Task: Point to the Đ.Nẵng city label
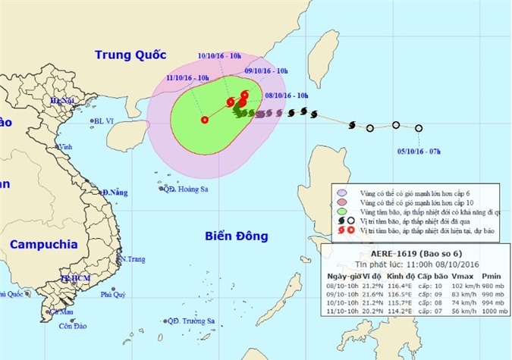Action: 115,193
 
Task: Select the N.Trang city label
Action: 132,258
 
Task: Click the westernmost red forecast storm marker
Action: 204,119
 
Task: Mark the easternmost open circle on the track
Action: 418,128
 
